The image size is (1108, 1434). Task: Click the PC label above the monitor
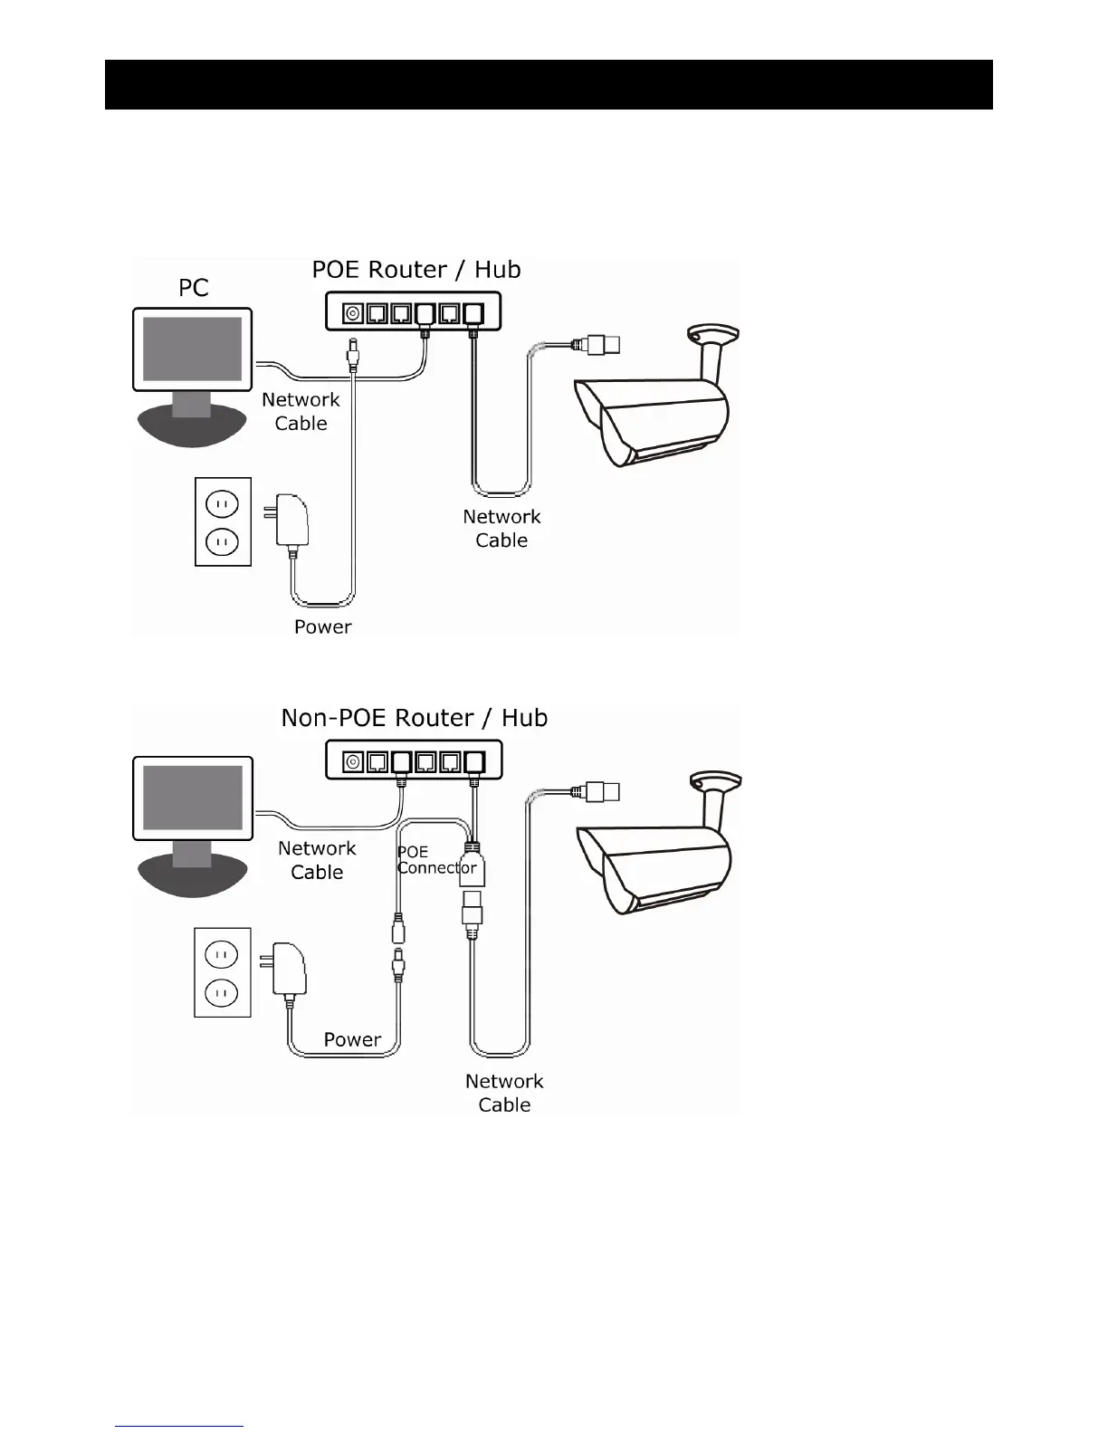click(x=194, y=288)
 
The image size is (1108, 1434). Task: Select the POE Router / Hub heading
click(x=416, y=270)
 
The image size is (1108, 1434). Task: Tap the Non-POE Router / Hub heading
click(x=415, y=718)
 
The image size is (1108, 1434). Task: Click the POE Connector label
click(x=435, y=860)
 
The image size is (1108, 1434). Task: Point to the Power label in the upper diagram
click(x=323, y=626)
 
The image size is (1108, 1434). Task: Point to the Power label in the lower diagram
click(x=352, y=1039)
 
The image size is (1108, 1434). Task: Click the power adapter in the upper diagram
click(x=292, y=520)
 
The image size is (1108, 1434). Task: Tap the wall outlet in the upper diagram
click(x=223, y=522)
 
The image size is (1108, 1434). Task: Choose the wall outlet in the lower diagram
click(x=222, y=971)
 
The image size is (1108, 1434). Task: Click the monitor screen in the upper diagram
click(x=193, y=349)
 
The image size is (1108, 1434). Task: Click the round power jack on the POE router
click(x=351, y=313)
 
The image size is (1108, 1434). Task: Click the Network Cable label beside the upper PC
click(x=301, y=412)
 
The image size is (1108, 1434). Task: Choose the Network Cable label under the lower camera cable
click(x=504, y=1093)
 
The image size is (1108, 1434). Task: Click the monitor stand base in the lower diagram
click(x=192, y=874)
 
